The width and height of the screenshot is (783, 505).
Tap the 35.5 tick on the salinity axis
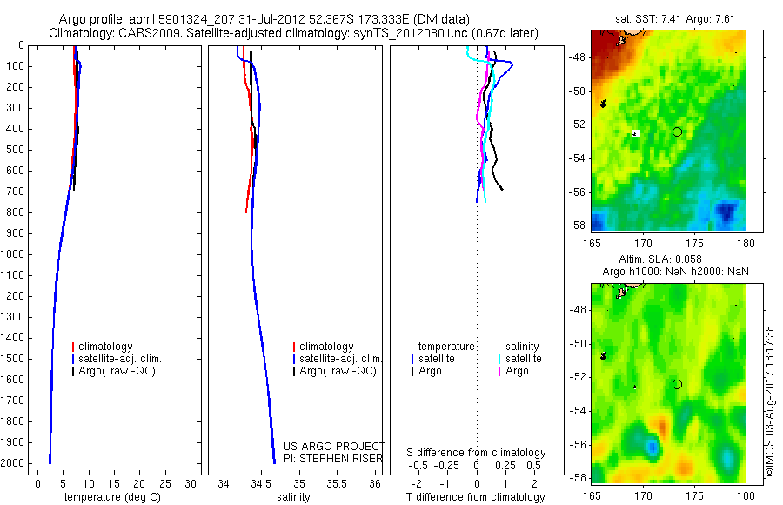pos(337,483)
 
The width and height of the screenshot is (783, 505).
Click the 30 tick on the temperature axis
pos(191,483)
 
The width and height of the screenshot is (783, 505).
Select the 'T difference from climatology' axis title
pos(476,497)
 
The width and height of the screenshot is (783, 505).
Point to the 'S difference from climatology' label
pos(476,453)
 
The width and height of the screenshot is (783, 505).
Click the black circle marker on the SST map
pos(677,131)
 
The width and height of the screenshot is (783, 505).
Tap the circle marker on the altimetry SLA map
pos(677,384)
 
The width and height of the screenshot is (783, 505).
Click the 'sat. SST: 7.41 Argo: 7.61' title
pos(668,18)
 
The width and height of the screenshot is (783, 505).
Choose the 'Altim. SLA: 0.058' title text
pos(668,260)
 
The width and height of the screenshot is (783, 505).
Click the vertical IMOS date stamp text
pos(769,401)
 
